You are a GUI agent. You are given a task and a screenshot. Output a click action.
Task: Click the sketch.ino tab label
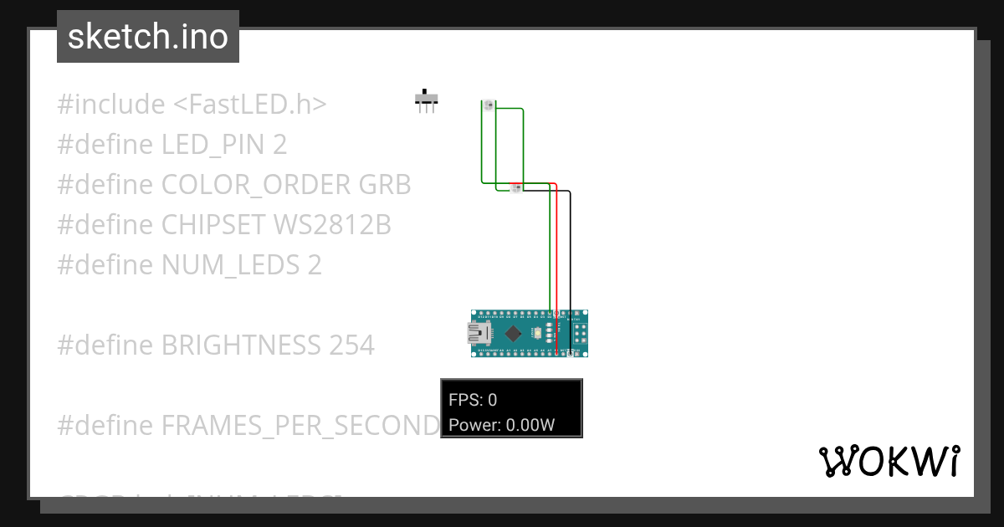tap(147, 37)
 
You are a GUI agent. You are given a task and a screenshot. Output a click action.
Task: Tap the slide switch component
tap(427, 100)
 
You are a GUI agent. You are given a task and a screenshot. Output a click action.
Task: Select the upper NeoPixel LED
tap(489, 105)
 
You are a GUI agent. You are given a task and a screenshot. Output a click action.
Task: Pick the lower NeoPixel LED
tap(516, 187)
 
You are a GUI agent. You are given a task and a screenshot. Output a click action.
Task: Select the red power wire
tap(556, 251)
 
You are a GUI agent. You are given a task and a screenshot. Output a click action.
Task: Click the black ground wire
tap(571, 268)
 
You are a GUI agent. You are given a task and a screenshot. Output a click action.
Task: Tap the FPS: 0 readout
tap(473, 400)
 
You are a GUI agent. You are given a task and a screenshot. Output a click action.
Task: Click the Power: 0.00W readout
tap(502, 425)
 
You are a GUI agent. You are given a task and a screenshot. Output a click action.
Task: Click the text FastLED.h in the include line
tap(250, 105)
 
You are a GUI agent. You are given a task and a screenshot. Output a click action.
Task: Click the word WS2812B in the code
tap(332, 225)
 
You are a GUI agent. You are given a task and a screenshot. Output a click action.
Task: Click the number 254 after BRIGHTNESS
tap(351, 345)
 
